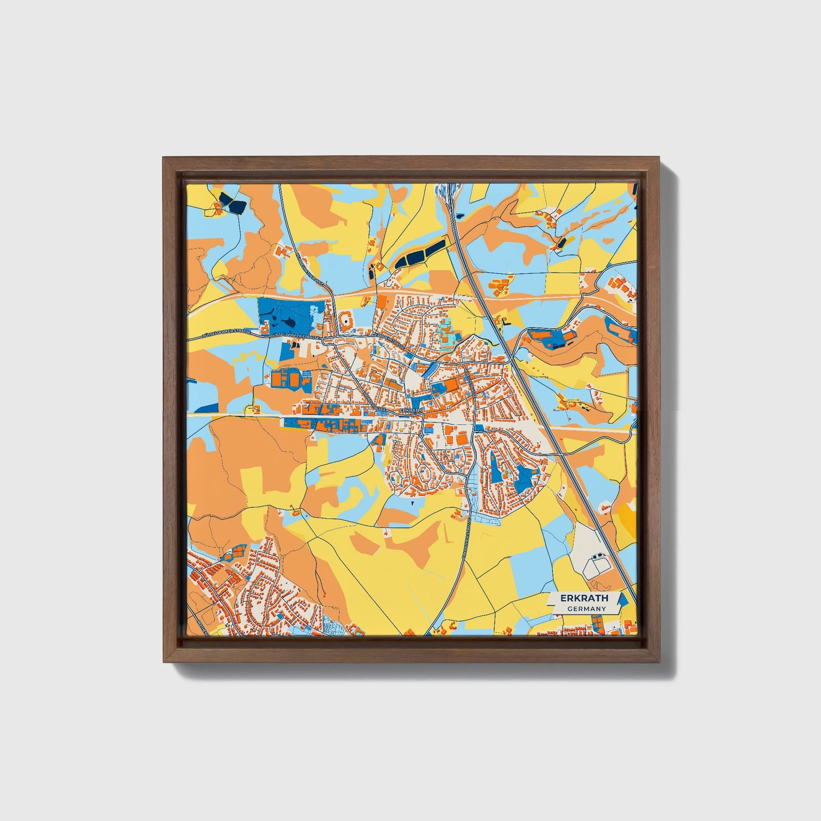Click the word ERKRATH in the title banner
pyautogui.click(x=584, y=598)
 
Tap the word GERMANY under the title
pyautogui.click(x=586, y=609)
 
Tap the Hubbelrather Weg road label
pyautogui.click(x=309, y=266)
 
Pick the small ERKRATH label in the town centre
pyautogui.click(x=411, y=410)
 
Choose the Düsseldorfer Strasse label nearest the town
pyautogui.click(x=295, y=336)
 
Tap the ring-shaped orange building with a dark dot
pyautogui.click(x=345, y=323)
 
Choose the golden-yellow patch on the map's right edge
pyautogui.click(x=628, y=515)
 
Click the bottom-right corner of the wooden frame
pyautogui.click(x=660, y=662)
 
